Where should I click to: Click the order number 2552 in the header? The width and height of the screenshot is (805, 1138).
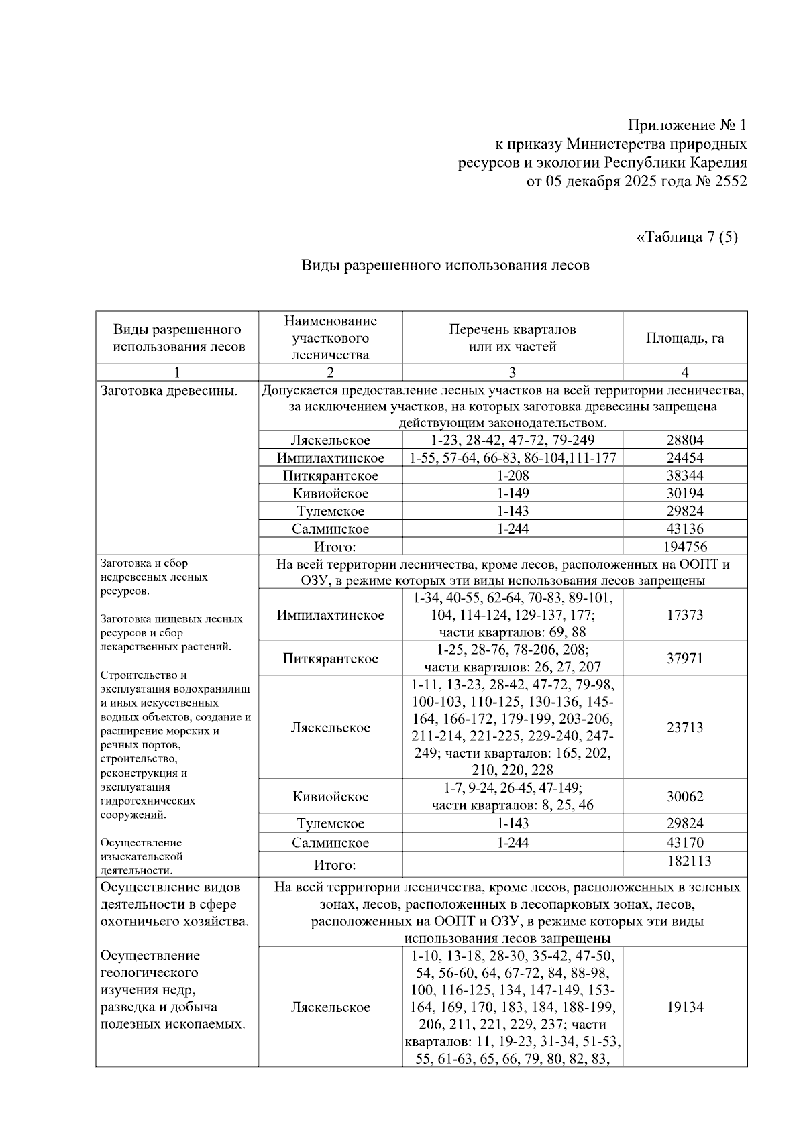pos(729,182)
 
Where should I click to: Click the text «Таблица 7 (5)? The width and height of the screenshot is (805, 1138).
pos(686,237)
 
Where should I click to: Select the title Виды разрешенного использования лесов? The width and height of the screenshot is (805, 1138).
pos(445,266)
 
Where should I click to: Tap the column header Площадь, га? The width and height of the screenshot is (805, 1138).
pos(685,338)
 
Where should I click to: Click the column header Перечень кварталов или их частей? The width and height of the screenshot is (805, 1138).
pos(513,338)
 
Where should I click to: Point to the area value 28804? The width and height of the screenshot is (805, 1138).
pos(685,441)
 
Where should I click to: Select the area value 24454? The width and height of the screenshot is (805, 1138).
pos(685,458)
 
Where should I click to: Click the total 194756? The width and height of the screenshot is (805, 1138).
pos(685,547)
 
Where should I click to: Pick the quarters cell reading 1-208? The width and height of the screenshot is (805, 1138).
pos(513,476)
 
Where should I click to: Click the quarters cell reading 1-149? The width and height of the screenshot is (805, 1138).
pos(513,494)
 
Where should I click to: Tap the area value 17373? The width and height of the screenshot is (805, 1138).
pos(685,615)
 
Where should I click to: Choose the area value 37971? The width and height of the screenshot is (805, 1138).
pos(685,659)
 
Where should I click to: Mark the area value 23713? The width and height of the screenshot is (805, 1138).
pos(685,728)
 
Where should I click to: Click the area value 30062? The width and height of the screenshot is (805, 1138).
pos(685,797)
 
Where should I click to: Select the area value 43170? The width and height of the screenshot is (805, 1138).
pos(685,842)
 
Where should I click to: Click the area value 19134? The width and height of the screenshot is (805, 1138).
pos(685,1007)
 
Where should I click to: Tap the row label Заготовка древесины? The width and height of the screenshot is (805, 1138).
pos(169,390)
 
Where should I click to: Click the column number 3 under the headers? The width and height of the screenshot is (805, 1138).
pos(513,373)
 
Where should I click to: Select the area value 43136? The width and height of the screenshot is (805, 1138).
pos(685,529)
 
